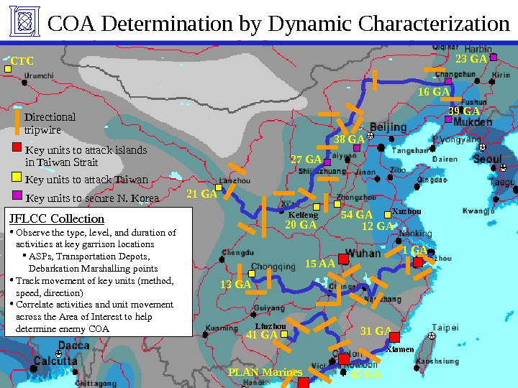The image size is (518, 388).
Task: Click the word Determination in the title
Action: pos(166,24)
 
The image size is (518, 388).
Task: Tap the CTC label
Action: pos(22,61)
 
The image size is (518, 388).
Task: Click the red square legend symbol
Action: pos(17,149)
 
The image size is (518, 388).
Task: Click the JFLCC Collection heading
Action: pos(57,218)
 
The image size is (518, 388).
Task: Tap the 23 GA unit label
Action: pos(472,57)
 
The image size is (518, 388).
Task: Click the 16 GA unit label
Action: pos(433,92)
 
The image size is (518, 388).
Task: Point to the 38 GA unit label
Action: pos(349,139)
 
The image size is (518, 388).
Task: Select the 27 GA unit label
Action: pos(306,159)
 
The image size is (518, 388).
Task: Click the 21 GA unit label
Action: pos(201,194)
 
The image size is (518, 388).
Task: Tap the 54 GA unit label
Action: pos(356,214)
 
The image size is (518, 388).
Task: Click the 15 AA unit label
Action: pos(320,264)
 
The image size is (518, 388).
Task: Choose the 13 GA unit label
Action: pos(235,285)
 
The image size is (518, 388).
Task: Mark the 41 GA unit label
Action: pos(262,335)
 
